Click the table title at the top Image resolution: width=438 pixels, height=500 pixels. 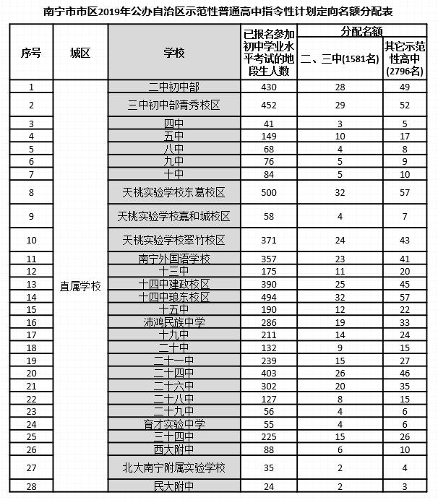[x=219, y=12]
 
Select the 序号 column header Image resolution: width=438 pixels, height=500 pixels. [x=31, y=53]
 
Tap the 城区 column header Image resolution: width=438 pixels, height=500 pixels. [x=80, y=53]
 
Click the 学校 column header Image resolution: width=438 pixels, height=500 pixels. [x=173, y=53]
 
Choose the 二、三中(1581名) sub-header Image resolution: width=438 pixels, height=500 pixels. [x=340, y=59]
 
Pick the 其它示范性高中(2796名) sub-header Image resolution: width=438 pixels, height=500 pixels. [x=405, y=59]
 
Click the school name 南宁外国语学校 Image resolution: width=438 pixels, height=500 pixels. [x=173, y=259]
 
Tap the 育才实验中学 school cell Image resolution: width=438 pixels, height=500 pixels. [x=173, y=423]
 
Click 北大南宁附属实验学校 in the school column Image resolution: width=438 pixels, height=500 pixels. [x=173, y=467]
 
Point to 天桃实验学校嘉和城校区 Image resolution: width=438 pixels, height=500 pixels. [x=173, y=217]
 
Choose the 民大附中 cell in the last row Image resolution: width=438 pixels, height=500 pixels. [x=173, y=486]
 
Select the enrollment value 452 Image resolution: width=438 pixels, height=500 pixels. [x=269, y=105]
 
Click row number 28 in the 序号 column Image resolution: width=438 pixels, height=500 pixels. [x=31, y=486]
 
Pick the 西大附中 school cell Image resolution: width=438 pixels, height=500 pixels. [x=173, y=449]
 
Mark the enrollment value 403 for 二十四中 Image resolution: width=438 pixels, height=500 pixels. [x=269, y=373]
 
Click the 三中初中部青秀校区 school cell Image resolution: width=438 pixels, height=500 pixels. [x=173, y=105]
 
